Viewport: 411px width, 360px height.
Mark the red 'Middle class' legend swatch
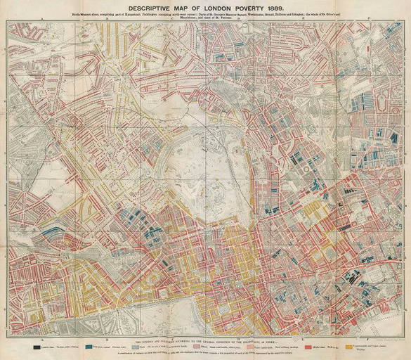click(311, 345)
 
